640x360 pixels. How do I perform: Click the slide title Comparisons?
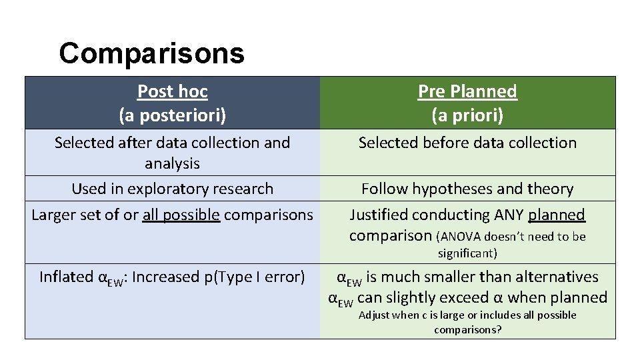point(151,53)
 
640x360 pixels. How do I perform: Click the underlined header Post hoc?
point(172,91)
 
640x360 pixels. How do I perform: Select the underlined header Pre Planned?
point(467,91)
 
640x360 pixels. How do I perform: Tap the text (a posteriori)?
point(172,115)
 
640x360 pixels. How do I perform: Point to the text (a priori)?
point(467,115)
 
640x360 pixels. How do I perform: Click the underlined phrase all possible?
point(181,215)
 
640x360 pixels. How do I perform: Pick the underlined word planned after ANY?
point(557,215)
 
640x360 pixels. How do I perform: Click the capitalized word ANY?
point(509,215)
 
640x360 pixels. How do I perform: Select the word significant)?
point(467,253)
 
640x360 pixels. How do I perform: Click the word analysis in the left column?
point(172,163)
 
